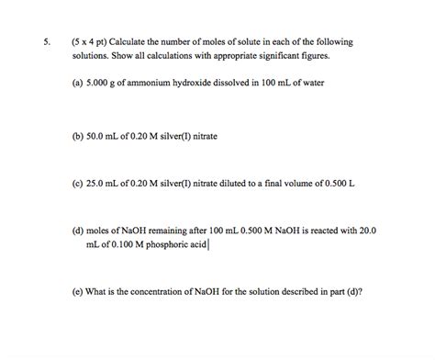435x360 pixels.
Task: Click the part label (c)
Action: click(77, 183)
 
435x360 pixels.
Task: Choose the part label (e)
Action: click(77, 292)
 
